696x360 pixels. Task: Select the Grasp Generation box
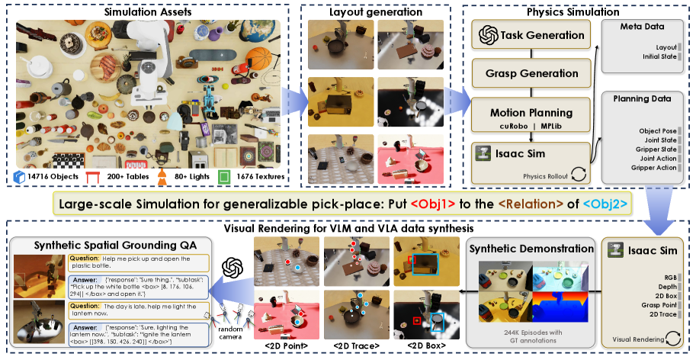coord(532,73)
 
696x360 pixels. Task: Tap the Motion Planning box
coord(532,113)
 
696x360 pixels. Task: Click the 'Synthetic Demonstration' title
coord(531,249)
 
